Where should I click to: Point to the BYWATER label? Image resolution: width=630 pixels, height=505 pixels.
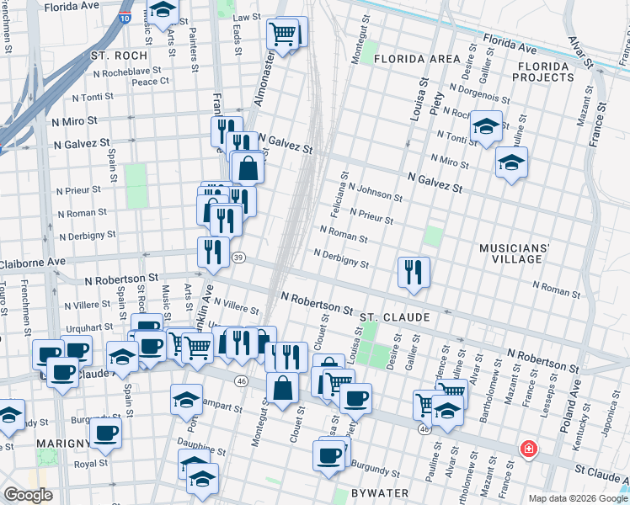click(380, 492)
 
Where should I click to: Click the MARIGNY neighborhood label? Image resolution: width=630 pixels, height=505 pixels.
click(63, 444)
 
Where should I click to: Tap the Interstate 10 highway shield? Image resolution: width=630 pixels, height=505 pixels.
click(125, 16)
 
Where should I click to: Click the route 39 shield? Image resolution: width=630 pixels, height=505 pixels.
click(239, 258)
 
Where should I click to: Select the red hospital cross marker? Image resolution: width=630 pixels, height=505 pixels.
click(528, 449)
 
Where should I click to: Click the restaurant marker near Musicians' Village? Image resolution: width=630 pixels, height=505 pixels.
click(414, 271)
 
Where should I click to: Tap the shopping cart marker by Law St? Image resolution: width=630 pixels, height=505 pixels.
click(282, 35)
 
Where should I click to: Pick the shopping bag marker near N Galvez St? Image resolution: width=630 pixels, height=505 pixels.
click(248, 168)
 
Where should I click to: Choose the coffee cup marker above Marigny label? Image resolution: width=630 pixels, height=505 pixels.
click(105, 433)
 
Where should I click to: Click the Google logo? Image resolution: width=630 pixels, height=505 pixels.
click(28, 495)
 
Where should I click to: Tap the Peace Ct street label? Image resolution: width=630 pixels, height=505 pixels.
click(151, 82)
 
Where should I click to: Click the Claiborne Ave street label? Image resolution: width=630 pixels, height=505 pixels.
click(34, 262)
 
